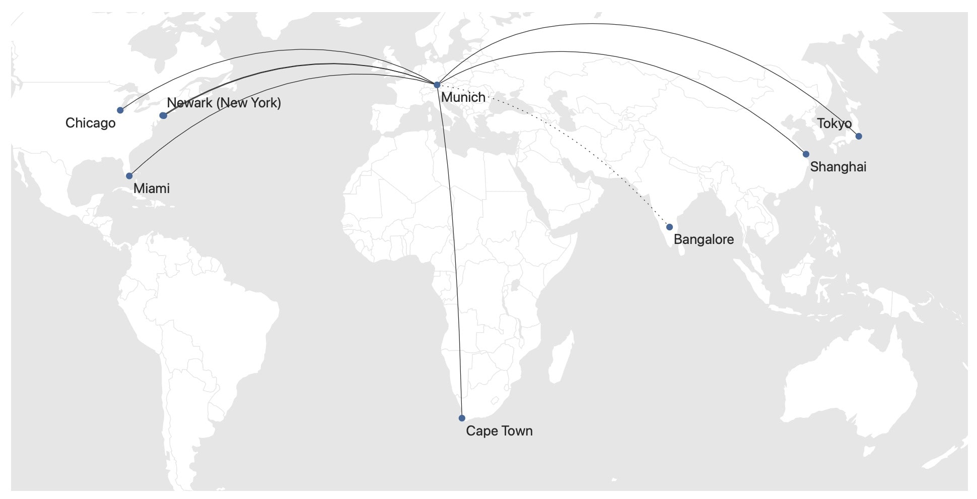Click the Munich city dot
tap(437, 85)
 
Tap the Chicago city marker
tap(120, 110)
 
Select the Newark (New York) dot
tap(163, 115)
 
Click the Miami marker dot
tap(129, 176)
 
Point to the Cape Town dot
tap(462, 418)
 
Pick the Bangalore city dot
tap(669, 227)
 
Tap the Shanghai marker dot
tap(806, 154)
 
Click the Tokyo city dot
tap(859, 136)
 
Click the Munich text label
tap(463, 97)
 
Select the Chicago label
tap(91, 123)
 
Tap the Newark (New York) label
tap(224, 103)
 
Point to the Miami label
tap(152, 189)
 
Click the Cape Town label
tap(499, 431)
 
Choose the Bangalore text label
tap(704, 239)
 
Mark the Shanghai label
tap(838, 167)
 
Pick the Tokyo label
tap(834, 123)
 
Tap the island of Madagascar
tap(561, 358)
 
